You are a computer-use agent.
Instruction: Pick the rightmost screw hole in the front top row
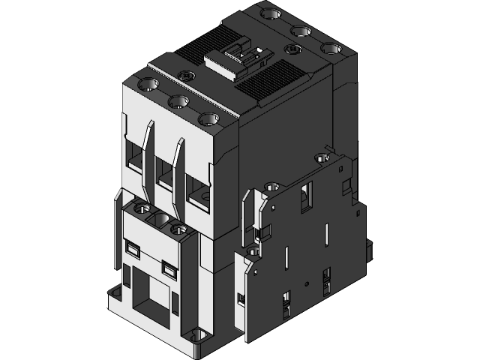pos(206,118)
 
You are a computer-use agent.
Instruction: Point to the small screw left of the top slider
pos(187,74)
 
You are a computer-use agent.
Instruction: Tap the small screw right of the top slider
pos(292,49)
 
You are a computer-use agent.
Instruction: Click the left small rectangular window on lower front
pos(133,248)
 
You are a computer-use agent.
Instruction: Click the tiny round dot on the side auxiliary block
pos(305,283)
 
